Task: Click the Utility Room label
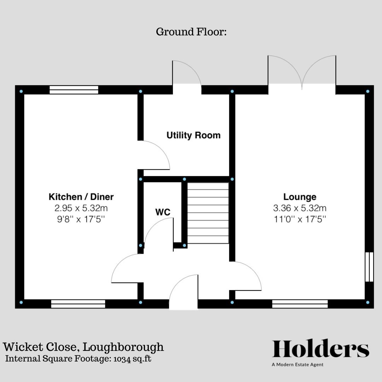[x=193, y=135]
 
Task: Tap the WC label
[x=163, y=212]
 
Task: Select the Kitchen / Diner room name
[x=81, y=197]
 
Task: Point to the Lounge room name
[x=300, y=197]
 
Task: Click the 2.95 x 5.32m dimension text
[x=81, y=208]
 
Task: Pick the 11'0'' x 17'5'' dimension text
[x=300, y=219]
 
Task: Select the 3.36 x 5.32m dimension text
[x=300, y=208]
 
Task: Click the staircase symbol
[x=208, y=213]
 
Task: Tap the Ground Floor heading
[x=191, y=32]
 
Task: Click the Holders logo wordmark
[x=320, y=349]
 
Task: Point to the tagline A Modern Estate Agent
[x=297, y=365]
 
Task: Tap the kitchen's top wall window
[x=74, y=90]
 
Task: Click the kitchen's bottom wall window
[x=78, y=303]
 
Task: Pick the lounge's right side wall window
[x=369, y=267]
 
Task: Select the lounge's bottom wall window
[x=300, y=303]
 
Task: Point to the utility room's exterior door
[x=187, y=74]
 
